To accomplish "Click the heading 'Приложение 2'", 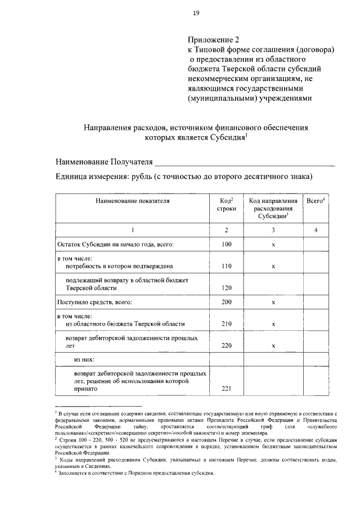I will [213, 40].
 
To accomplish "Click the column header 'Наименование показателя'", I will [132, 200].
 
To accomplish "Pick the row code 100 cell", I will [227, 244].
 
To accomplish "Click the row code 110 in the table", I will [227, 266].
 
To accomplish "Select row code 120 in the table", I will [227, 288].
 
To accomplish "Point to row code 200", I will [227, 303].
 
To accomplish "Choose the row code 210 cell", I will [227, 324].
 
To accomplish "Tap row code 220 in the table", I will [227, 346].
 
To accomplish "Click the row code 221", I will [227, 388].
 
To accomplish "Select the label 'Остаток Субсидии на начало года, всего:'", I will [116, 244].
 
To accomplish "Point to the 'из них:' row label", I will [84, 359].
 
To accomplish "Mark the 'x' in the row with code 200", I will [273, 303].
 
